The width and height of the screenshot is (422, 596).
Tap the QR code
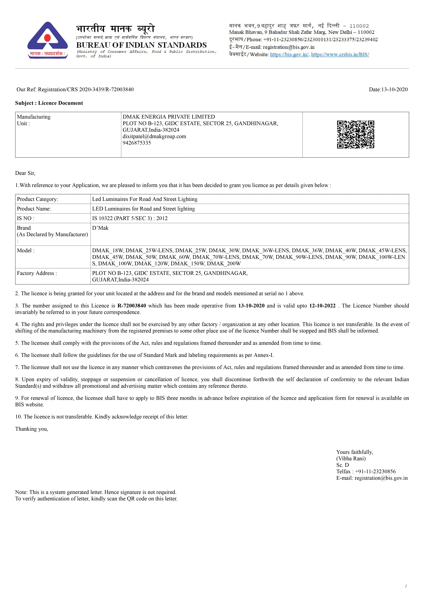pos(355,135)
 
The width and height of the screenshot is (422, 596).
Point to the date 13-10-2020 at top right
pos(394,90)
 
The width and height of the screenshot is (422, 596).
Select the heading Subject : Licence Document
pos(49,103)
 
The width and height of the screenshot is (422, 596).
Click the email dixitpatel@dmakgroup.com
pos(154,136)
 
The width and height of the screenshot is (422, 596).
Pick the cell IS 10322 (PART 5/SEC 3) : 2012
pos(130,218)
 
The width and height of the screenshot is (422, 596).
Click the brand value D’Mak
pos(100,228)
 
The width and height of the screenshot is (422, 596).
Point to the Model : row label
pos(25,251)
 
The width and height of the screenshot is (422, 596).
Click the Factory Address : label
pos(37,273)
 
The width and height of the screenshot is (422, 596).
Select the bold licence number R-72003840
pos(132,306)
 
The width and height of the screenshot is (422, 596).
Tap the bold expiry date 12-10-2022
pos(322,306)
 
